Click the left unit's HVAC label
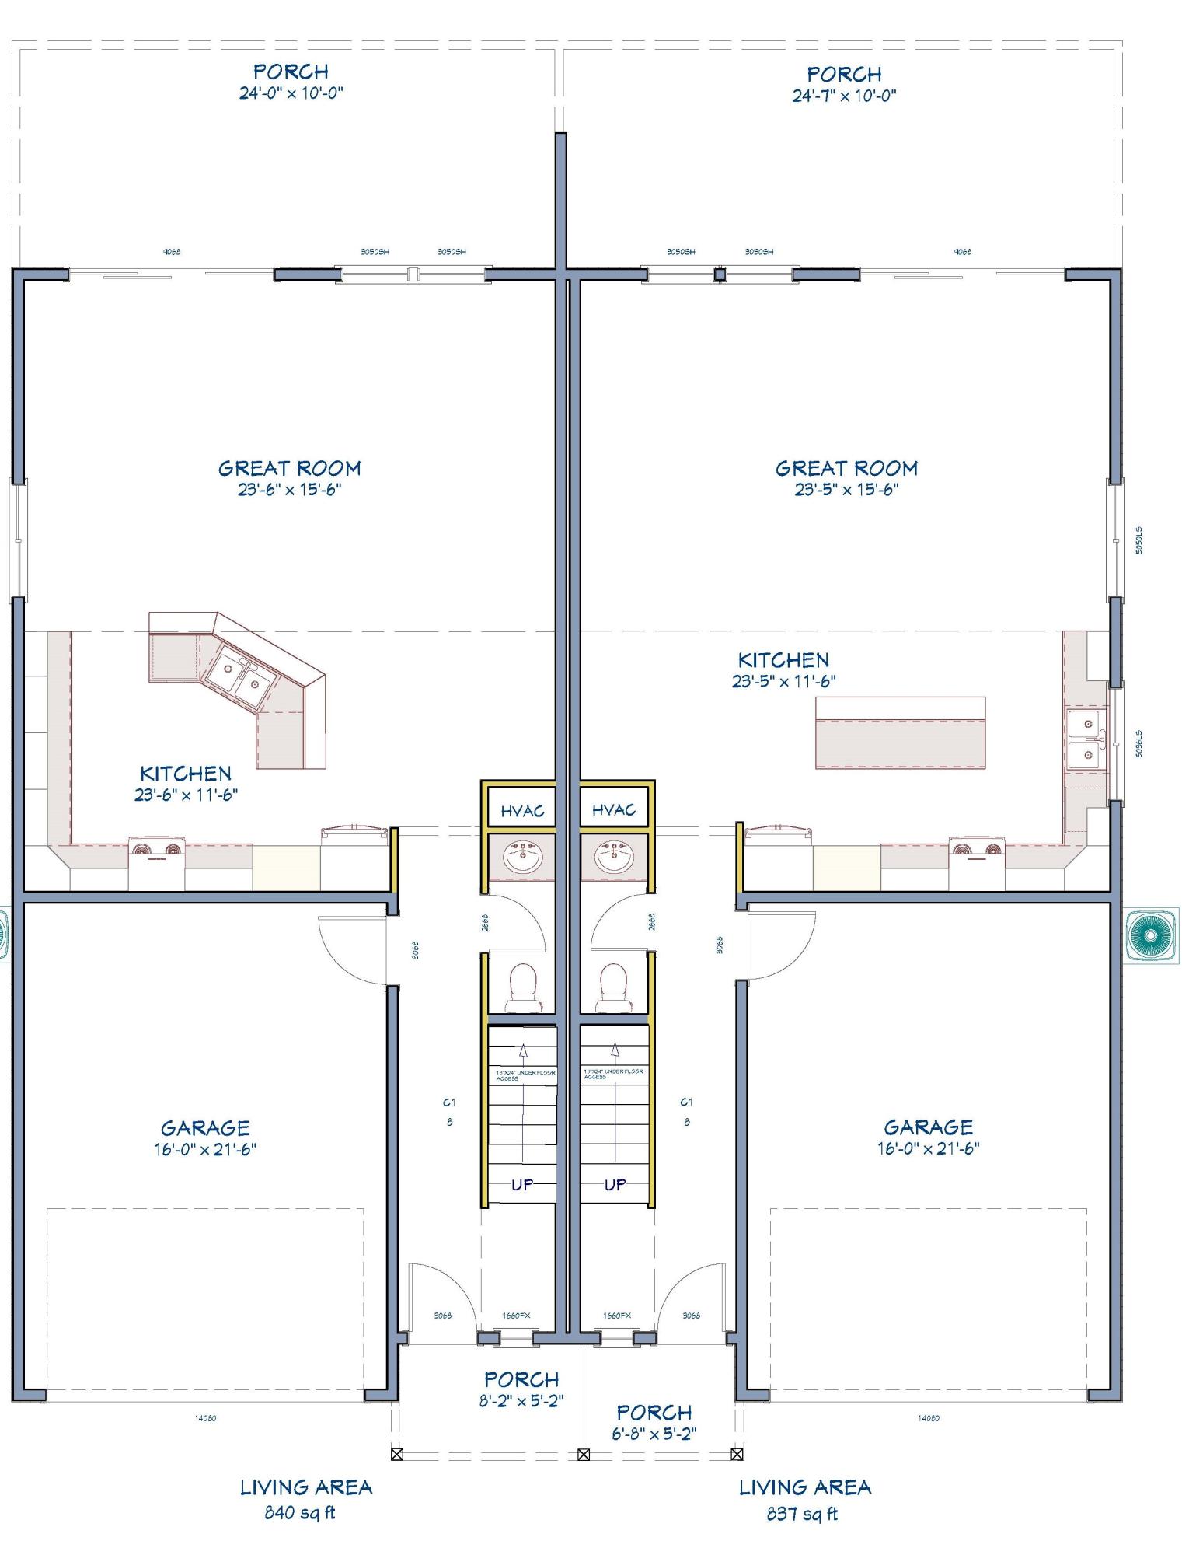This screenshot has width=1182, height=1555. pyautogui.click(x=522, y=812)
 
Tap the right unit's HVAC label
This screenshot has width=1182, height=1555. pyautogui.click(x=614, y=810)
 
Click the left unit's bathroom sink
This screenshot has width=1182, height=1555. pyautogui.click(x=523, y=859)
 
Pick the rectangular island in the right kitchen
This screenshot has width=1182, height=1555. pyautogui.click(x=900, y=732)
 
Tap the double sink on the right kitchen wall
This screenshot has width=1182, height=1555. pyautogui.click(x=1086, y=739)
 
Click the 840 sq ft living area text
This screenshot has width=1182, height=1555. pyautogui.click(x=299, y=1513)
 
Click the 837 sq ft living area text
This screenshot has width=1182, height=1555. pyautogui.click(x=802, y=1513)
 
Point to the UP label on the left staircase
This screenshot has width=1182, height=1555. pyautogui.click(x=521, y=1185)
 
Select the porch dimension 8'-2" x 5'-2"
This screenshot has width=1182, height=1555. pyautogui.click(x=521, y=1401)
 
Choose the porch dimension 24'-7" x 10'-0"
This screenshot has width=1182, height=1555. pyautogui.click(x=844, y=96)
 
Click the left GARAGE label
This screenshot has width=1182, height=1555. pyautogui.click(x=205, y=1127)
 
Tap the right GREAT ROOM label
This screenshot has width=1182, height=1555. pyautogui.click(x=846, y=468)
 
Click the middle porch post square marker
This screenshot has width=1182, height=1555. pyautogui.click(x=584, y=1454)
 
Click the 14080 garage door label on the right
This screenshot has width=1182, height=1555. pyautogui.click(x=928, y=1418)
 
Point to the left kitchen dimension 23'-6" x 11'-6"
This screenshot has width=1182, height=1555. pyautogui.click(x=186, y=795)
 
